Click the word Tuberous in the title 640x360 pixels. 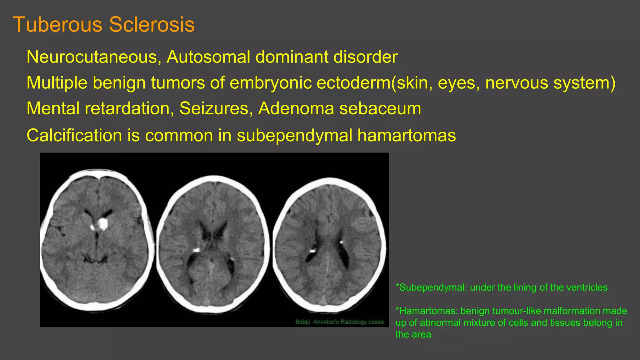tap(58, 24)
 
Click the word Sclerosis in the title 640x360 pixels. tap(152, 24)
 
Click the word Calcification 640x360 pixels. tap(74, 136)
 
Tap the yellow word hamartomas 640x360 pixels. tap(407, 136)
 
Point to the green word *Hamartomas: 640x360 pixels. tap(427, 311)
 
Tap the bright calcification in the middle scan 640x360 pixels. tap(196, 250)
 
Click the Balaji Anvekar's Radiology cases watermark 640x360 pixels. tap(339, 322)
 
